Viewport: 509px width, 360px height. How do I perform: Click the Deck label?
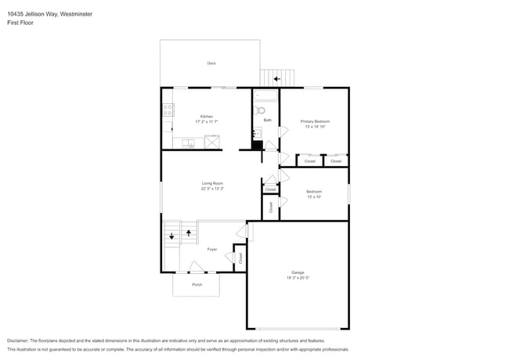[x=211, y=63]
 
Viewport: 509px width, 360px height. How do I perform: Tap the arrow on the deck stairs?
[x=276, y=79]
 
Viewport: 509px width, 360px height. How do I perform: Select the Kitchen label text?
[x=207, y=117]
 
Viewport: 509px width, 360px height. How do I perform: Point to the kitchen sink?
[x=188, y=143]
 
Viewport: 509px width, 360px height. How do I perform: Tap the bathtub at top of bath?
[x=265, y=98]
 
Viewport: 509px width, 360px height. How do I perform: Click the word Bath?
[x=267, y=121]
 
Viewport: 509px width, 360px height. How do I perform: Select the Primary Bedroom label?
[x=315, y=121]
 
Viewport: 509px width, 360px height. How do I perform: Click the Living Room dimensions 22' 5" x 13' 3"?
[x=212, y=189]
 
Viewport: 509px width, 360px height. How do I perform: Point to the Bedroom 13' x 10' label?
[x=314, y=194]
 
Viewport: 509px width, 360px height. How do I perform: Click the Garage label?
[x=298, y=275]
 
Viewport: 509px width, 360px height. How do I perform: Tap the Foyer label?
[x=211, y=250]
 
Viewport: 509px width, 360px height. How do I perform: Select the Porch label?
[x=197, y=285]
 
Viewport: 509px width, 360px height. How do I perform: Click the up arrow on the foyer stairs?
[x=188, y=232]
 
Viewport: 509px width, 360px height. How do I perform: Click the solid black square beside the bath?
[x=257, y=145]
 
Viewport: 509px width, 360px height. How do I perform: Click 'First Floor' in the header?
[x=20, y=23]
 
